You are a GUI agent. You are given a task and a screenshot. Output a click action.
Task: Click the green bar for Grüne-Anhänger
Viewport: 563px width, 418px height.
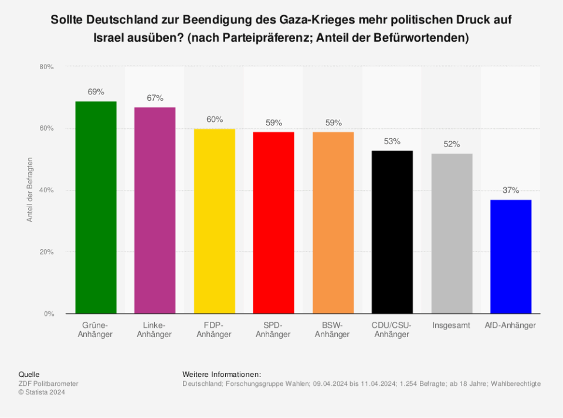pyautogui.click(x=96, y=208)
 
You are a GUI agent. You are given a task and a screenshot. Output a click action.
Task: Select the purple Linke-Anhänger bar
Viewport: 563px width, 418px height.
pyautogui.click(x=155, y=210)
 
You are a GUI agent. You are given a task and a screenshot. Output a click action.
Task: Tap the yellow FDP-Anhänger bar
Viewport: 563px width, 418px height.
pyautogui.click(x=214, y=221)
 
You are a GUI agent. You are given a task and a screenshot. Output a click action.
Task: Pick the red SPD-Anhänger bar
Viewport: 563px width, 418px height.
pyautogui.click(x=273, y=223)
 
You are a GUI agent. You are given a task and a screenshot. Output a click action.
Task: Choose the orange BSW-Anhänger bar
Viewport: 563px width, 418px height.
pyautogui.click(x=333, y=223)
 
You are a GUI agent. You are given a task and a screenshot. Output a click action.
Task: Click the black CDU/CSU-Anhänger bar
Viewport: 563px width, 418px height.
pyautogui.click(x=392, y=232)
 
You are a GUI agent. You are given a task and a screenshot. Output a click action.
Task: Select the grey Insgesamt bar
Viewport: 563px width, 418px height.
pyautogui.click(x=452, y=233)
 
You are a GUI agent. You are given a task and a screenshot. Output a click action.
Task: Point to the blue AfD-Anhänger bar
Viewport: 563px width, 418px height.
pyautogui.click(x=511, y=257)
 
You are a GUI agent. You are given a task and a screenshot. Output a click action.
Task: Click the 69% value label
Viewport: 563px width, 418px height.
pyautogui.click(x=96, y=92)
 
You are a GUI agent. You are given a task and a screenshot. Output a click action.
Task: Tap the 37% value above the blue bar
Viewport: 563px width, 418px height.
pyautogui.click(x=511, y=191)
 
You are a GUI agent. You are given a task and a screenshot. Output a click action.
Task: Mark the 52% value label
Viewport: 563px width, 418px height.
pyautogui.click(x=452, y=144)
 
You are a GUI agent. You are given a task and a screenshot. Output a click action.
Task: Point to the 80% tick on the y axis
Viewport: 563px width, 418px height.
pyautogui.click(x=47, y=67)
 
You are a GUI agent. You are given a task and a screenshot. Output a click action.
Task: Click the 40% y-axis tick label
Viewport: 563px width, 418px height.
pyautogui.click(x=47, y=191)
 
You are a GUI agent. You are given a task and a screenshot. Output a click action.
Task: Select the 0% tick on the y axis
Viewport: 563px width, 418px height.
pyautogui.click(x=49, y=314)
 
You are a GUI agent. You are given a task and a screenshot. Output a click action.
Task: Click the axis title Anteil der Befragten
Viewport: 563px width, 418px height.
pyautogui.click(x=30, y=190)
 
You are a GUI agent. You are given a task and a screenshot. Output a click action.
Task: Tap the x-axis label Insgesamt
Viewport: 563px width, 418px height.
pyautogui.click(x=452, y=325)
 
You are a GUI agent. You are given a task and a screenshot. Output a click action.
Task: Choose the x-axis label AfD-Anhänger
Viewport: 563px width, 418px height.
pyautogui.click(x=511, y=325)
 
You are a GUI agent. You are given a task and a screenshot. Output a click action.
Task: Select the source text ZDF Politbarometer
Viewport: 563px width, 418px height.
pyautogui.click(x=48, y=384)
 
